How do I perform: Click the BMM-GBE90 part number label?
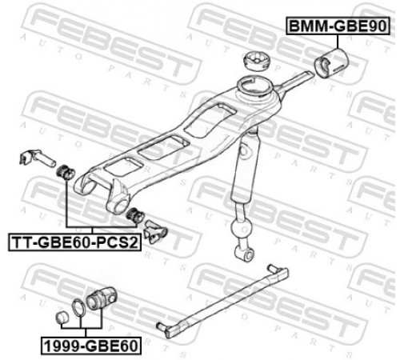click(x=338, y=26)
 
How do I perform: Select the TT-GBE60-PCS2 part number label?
click(x=74, y=242)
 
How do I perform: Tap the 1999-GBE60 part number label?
click(x=91, y=346)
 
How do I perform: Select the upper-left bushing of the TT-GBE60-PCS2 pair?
click(x=66, y=173)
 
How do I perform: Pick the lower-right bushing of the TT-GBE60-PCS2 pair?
click(x=135, y=215)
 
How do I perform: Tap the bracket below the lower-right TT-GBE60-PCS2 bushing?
click(x=155, y=231)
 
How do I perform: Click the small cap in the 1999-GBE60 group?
click(x=63, y=317)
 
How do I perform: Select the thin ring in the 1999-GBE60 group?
click(x=79, y=309)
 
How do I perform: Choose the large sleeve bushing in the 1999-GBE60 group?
click(x=102, y=298)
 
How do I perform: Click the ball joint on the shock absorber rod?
click(x=241, y=227)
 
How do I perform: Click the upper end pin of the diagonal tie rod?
click(x=272, y=267)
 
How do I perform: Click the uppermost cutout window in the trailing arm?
click(x=210, y=119)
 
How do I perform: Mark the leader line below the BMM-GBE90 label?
click(x=338, y=42)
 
